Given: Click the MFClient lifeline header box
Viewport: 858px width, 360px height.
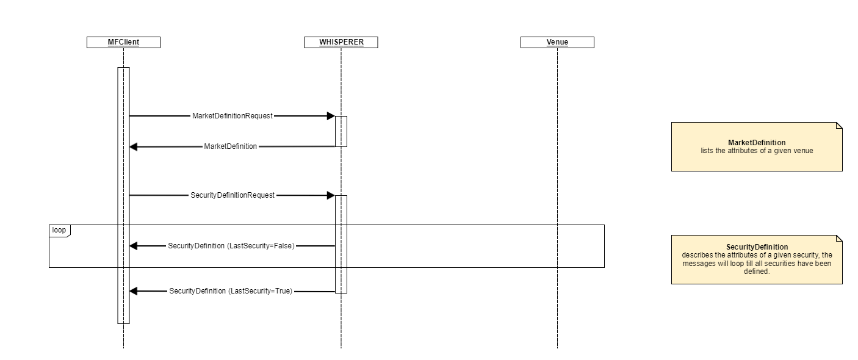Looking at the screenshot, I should tap(123, 42).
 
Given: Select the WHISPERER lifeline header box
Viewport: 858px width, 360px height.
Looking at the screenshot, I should tap(341, 42).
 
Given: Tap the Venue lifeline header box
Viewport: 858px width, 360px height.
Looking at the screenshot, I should tap(557, 42).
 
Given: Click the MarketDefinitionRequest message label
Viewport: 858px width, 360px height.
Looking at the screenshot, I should tap(232, 116).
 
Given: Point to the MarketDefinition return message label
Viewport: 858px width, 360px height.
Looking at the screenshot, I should tap(230, 146).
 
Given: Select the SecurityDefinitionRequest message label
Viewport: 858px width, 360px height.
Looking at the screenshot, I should tap(233, 195).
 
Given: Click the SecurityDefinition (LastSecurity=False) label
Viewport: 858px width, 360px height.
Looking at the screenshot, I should tap(231, 246).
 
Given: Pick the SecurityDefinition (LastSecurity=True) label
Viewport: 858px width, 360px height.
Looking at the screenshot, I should tap(231, 292).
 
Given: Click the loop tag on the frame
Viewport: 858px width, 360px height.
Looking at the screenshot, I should tap(59, 230).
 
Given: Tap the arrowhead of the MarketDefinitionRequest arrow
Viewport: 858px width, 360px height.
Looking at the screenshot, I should tap(331, 116).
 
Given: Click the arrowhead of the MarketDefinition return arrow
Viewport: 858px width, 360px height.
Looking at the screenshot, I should tap(134, 147).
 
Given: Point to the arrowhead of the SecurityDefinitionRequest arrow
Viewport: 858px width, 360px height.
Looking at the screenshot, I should tap(331, 195).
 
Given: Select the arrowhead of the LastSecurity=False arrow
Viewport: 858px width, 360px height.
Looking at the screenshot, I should tap(134, 246).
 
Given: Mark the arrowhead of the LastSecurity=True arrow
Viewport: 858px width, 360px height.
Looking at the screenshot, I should tap(134, 292).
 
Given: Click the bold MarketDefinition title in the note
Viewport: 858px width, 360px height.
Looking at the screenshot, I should tap(757, 143).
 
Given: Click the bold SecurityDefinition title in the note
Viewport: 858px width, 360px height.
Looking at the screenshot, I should tap(757, 247).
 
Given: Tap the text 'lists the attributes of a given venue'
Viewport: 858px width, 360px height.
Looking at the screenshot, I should tap(757, 150).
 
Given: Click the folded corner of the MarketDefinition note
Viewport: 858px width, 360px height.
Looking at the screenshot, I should tap(838, 126).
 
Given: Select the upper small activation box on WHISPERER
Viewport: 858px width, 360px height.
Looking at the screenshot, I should tap(341, 131).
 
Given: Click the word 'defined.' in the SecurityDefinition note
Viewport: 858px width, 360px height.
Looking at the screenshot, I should tap(757, 272).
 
